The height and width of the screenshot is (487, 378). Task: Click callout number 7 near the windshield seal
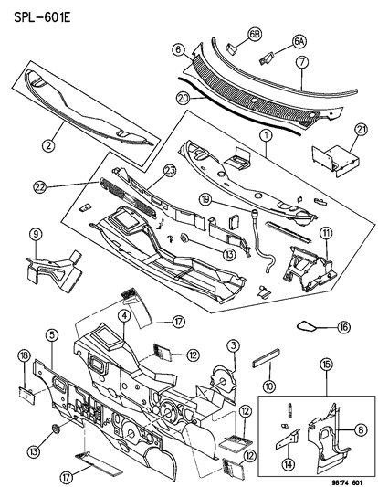click(301, 62)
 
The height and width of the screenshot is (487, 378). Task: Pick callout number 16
click(344, 326)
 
